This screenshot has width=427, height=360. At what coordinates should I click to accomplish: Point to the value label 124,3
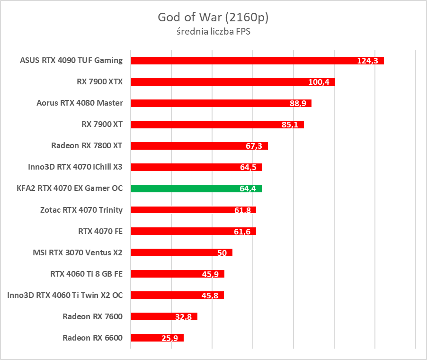(367, 61)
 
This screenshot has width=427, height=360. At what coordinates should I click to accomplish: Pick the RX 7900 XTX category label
(99, 81)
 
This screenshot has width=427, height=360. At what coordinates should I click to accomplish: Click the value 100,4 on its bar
(319, 82)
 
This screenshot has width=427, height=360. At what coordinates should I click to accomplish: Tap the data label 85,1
(291, 125)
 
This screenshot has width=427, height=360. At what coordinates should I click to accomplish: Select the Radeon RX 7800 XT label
(87, 145)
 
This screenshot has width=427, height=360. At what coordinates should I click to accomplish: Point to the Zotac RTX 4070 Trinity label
(81, 209)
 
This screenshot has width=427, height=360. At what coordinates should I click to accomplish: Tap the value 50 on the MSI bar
(222, 252)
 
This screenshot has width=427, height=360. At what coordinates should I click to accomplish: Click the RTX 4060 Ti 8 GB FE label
(86, 273)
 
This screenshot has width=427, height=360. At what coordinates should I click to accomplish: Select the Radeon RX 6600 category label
(92, 338)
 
